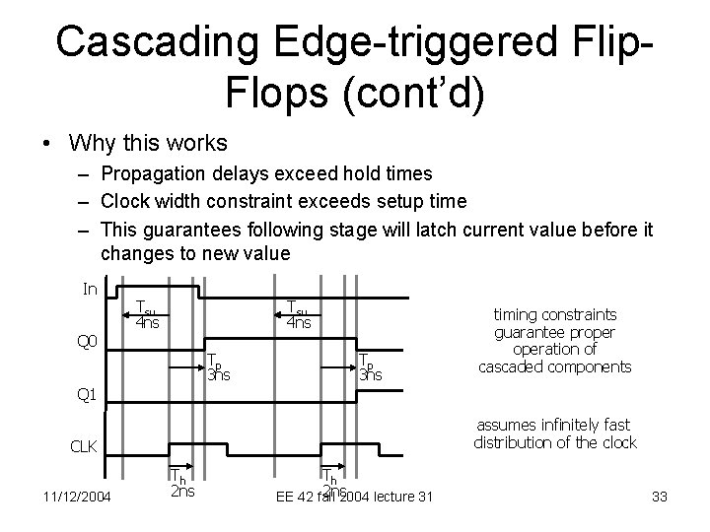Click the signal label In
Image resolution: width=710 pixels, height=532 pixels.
click(89, 289)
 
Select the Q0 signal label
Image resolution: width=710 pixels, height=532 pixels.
click(88, 342)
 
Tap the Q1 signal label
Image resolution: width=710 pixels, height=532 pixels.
click(88, 395)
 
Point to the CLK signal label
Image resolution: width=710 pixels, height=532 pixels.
click(85, 447)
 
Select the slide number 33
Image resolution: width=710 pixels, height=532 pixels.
click(660, 496)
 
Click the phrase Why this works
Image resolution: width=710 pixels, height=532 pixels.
click(148, 143)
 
